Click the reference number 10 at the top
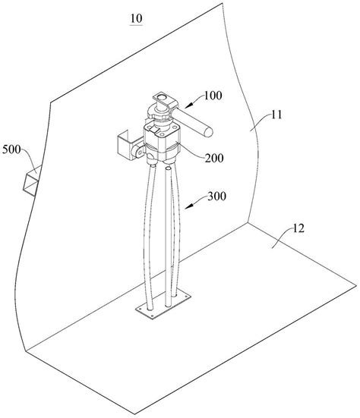pos(137,18)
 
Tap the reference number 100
pos(213,96)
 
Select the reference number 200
pos(214,158)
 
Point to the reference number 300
pos(216,196)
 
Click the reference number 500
pos(11,149)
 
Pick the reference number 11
pos(276,115)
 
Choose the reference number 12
pos(298,228)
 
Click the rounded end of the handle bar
pos(208,133)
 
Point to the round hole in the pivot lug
pos(138,152)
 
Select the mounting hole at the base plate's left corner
pos(141,309)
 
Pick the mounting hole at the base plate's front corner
pos(152,316)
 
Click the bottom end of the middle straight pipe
pos(168,305)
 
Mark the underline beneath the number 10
pos(137,25)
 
